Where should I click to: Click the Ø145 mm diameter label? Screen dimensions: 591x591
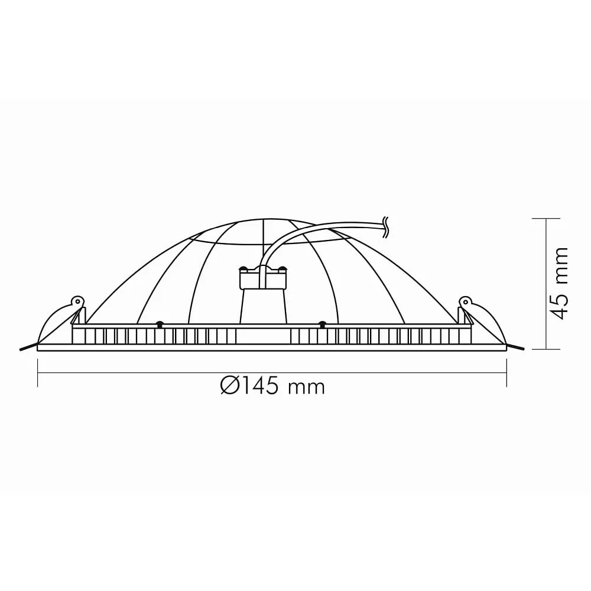pos(272,387)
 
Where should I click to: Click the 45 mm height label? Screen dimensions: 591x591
pos(559,283)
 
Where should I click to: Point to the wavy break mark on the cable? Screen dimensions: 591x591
pos(385,228)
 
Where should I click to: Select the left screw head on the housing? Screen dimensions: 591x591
pos(160,324)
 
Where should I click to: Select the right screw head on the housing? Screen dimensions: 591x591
pos(322,324)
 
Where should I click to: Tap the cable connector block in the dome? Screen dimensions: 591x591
pos(263,277)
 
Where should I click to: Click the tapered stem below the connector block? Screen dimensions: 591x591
pos(263,306)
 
